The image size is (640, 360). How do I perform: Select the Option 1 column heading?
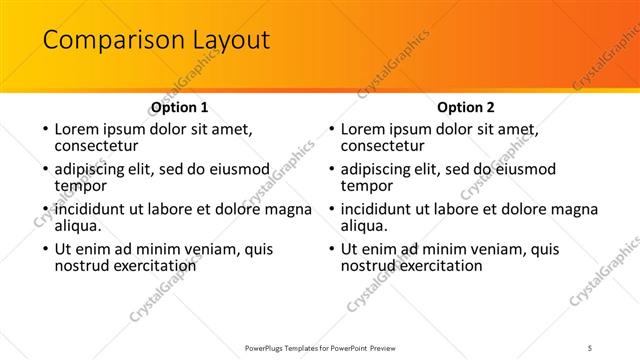point(179,107)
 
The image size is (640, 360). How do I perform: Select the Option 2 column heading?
point(466,107)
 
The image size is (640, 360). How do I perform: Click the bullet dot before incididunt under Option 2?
point(330,210)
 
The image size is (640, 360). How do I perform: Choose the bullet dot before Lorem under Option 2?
point(330,130)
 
